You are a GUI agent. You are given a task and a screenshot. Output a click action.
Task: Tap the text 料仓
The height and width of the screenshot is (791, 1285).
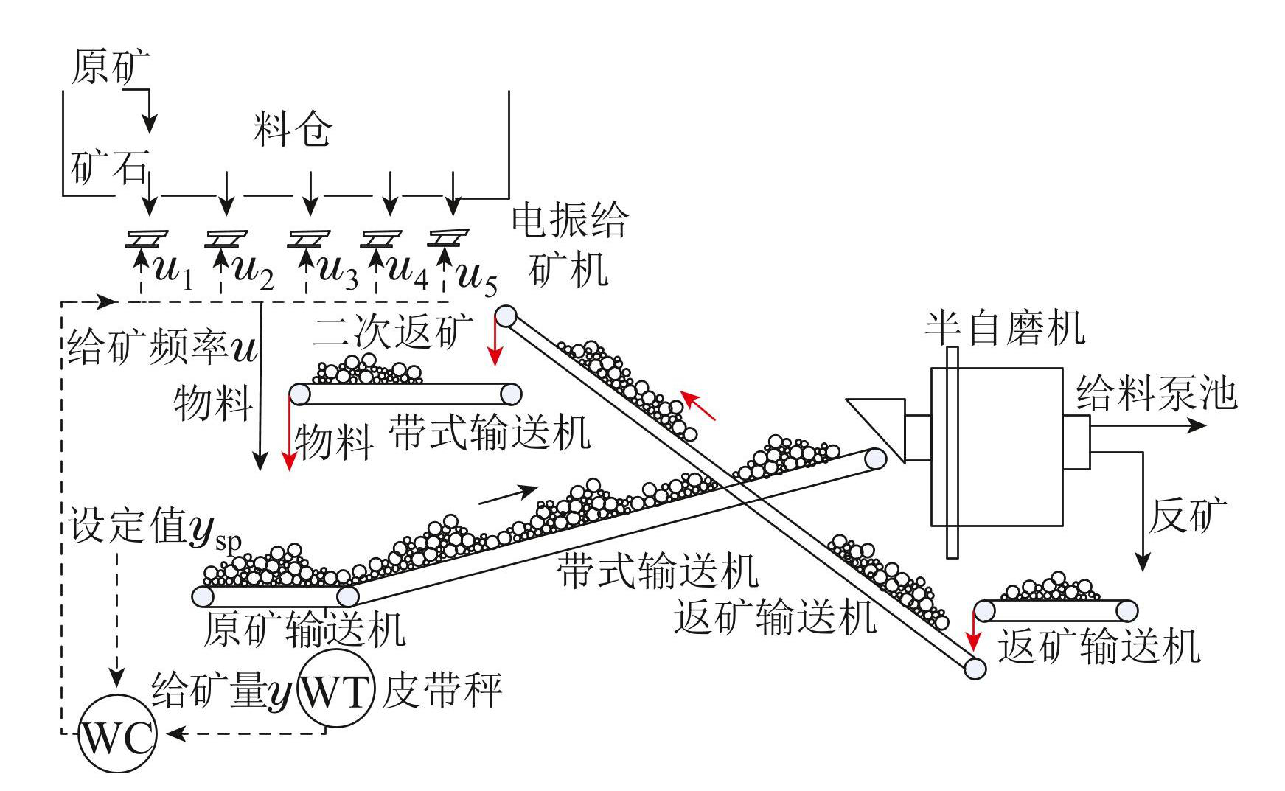tap(292, 130)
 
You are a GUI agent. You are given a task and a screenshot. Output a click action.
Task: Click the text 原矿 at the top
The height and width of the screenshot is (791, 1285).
tap(111, 68)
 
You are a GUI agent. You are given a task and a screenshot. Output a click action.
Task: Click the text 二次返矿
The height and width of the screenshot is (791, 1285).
tap(392, 333)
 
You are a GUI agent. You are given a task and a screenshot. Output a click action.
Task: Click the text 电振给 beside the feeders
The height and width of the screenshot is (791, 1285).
tap(570, 220)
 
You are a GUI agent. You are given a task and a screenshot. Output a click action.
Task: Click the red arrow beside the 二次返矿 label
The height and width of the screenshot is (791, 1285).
tap(496, 346)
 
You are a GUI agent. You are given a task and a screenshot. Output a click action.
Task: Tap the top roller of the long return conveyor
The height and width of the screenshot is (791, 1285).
tap(506, 316)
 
